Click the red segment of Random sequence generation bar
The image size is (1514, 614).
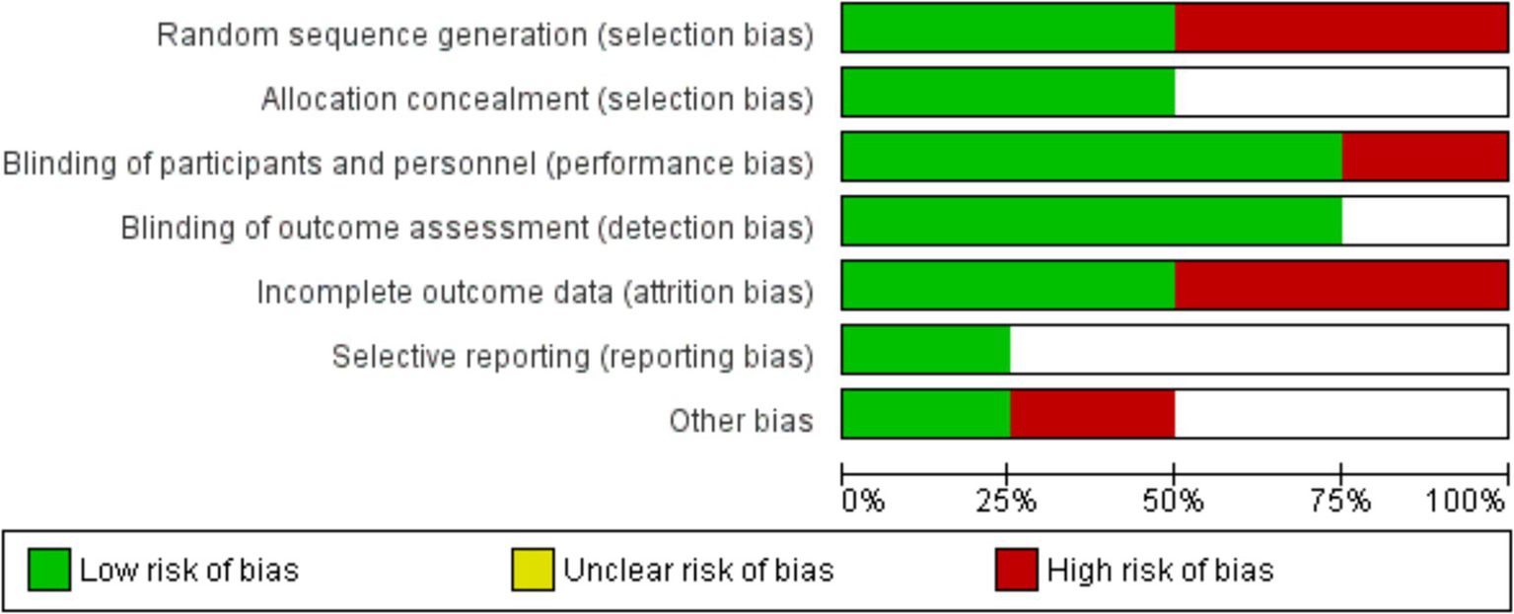coord(1340,28)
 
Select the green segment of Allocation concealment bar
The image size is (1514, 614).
coord(1008,93)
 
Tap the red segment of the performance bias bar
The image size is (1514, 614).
coord(1424,157)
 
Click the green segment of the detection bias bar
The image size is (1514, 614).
coord(1091,221)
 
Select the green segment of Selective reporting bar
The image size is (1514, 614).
coord(926,350)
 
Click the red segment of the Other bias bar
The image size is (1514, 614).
coord(1092,414)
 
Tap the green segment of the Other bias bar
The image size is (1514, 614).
coord(926,414)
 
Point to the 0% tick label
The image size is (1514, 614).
coord(863,501)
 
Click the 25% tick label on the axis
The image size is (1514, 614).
coord(1007,501)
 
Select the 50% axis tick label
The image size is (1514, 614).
coord(1174,501)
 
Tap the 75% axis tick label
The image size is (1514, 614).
coord(1341,501)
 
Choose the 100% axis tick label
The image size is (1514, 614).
coord(1467,501)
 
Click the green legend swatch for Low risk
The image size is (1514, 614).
coord(48,570)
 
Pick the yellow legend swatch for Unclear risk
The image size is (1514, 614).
coord(533,570)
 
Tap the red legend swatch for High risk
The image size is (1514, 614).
coord(1016,570)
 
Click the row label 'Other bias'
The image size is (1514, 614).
coord(741,421)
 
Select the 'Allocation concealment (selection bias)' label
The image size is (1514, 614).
coord(538,100)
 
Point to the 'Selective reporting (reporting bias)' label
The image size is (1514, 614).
coord(572,357)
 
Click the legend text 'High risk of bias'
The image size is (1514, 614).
coord(1160,570)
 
